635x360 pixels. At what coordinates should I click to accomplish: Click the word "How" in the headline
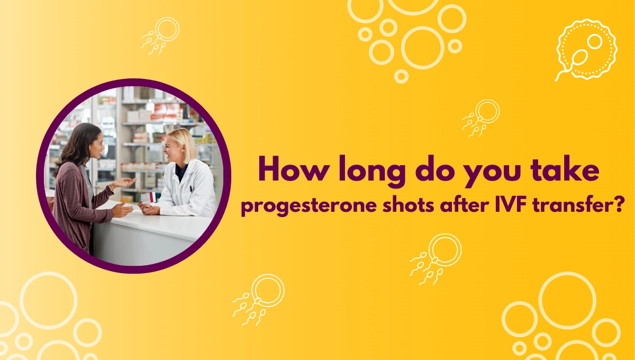click(294, 168)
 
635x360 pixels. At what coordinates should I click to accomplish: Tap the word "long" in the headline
click(372, 171)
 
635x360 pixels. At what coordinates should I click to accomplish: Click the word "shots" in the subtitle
click(408, 204)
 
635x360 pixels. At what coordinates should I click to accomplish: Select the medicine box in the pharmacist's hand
click(149, 197)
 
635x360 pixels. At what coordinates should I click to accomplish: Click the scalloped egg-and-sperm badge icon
click(586, 50)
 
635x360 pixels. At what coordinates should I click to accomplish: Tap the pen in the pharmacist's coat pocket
click(192, 189)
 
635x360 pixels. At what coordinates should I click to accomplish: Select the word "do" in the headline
click(435, 168)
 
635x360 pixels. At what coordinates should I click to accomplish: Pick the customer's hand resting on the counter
click(122, 210)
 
